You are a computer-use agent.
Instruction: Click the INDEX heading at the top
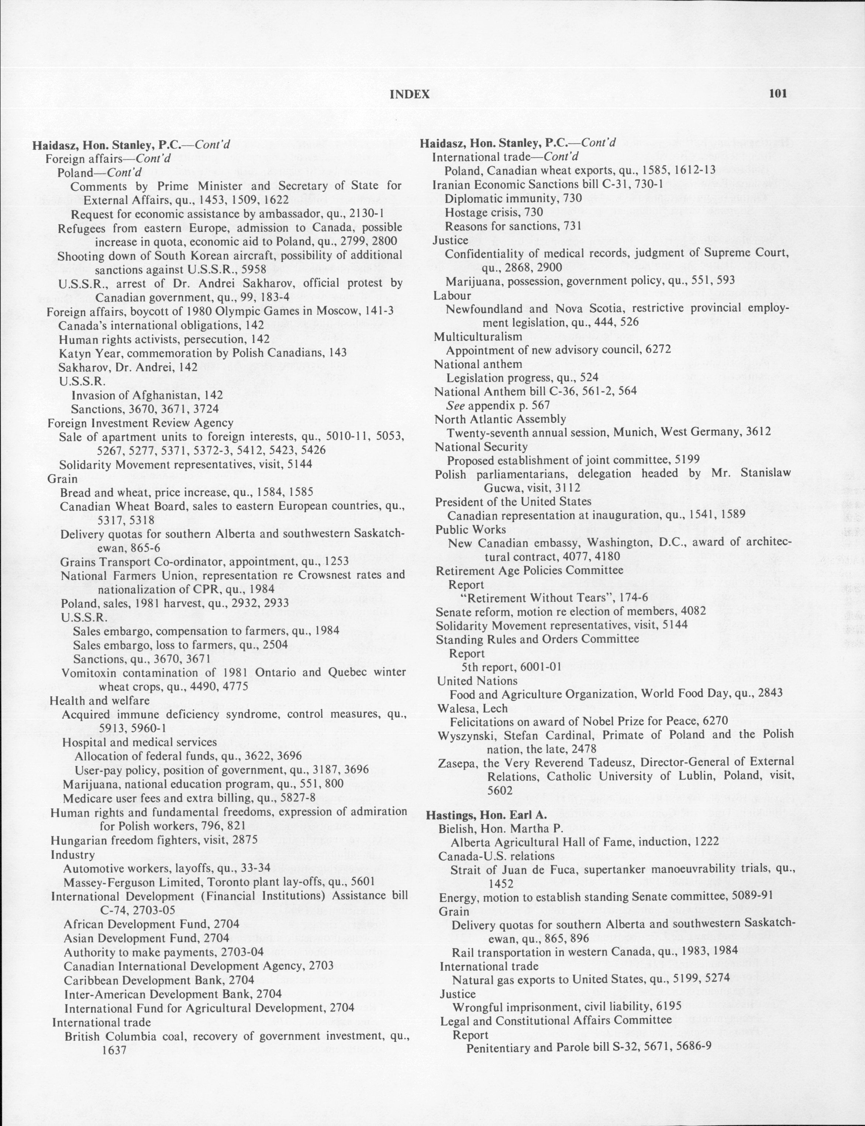coord(409,94)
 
